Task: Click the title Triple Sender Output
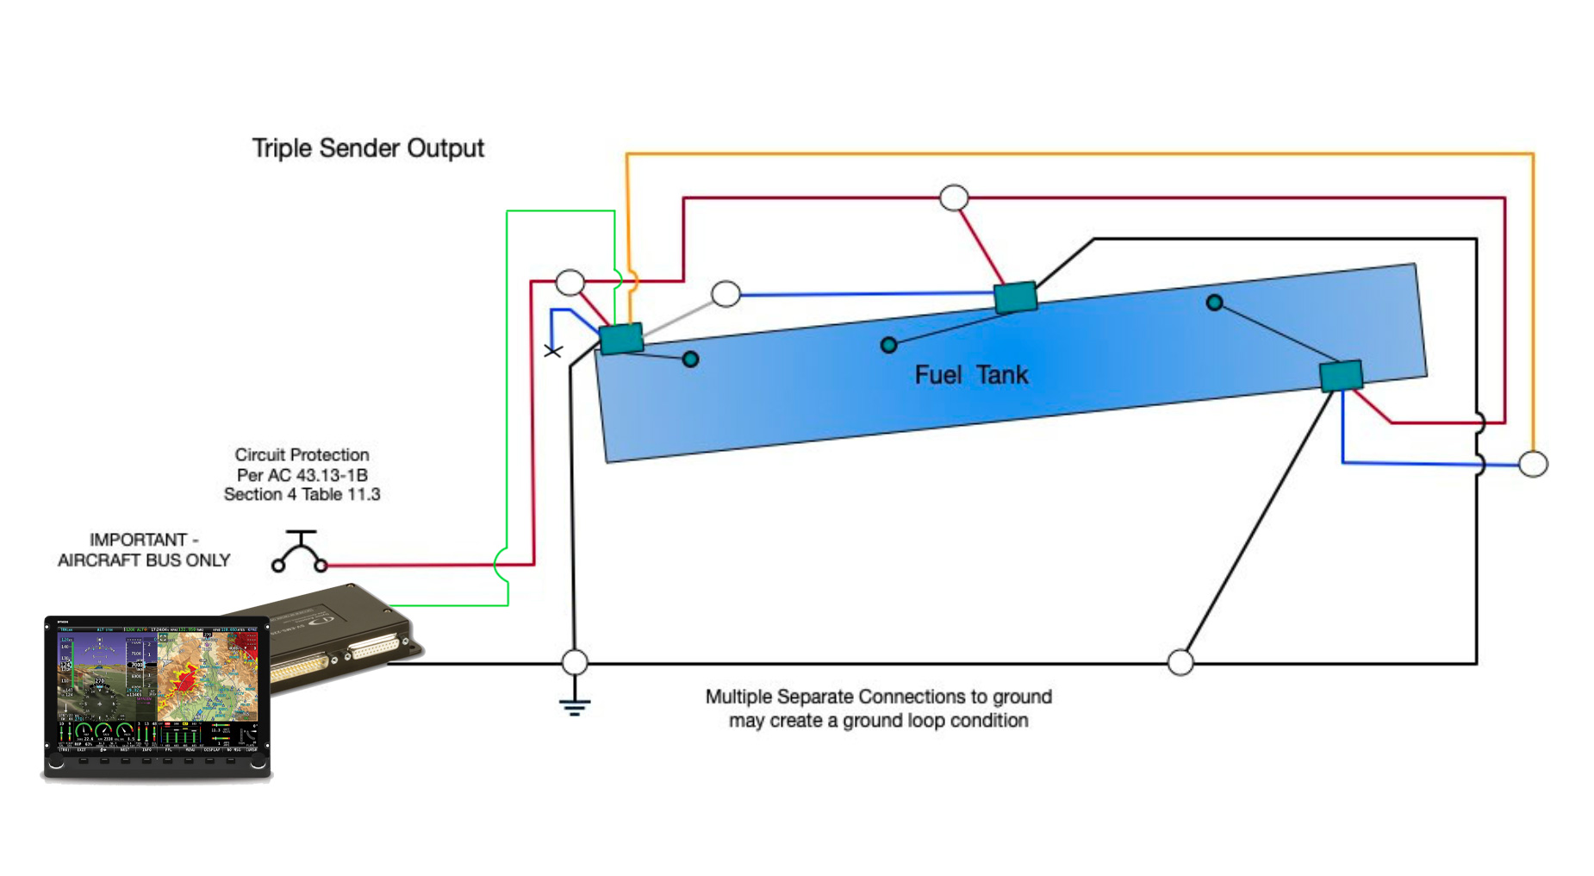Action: [368, 148]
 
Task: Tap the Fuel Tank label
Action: [971, 375]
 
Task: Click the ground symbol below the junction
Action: [575, 706]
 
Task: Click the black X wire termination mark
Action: [553, 351]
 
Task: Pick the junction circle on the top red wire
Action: [954, 197]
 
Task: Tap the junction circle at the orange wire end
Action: [1533, 464]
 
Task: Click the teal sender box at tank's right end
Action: [1341, 376]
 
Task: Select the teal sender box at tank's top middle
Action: [1015, 297]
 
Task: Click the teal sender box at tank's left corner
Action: [621, 338]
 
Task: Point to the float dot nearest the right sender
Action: [1214, 303]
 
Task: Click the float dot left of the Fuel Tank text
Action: [889, 345]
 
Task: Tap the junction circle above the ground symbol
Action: [575, 662]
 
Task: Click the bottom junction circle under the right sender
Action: [1180, 662]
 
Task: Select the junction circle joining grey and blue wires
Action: [726, 294]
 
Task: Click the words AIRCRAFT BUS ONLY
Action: [144, 560]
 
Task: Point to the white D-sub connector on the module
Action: [376, 647]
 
